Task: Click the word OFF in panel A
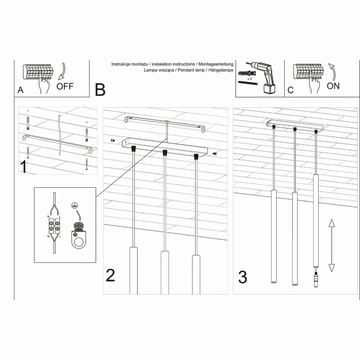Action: pos(65,86)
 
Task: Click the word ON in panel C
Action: pos(333,86)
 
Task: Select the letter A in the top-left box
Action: pos(20,89)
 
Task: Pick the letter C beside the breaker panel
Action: pos(290,89)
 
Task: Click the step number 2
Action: pos(110,275)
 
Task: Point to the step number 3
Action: pos(242,277)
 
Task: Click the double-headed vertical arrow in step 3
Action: pos(331,245)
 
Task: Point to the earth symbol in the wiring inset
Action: pos(74,206)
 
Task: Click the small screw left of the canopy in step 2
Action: pos(113,141)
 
